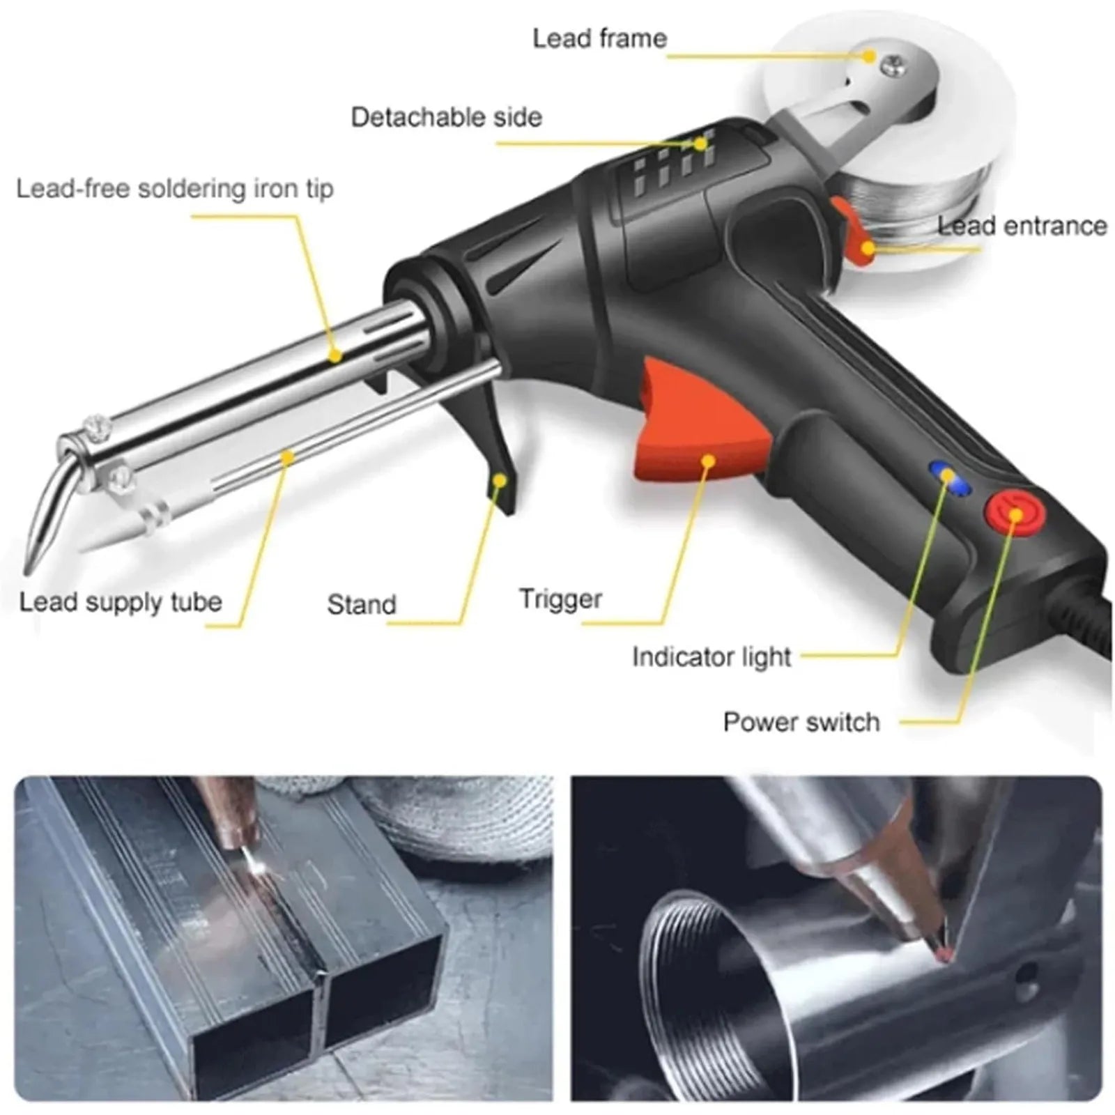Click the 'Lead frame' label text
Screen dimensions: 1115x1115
599,38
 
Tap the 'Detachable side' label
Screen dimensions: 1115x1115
446,117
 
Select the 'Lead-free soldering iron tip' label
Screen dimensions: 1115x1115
175,189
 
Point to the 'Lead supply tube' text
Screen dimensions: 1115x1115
121,602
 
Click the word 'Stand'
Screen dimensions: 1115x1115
362,604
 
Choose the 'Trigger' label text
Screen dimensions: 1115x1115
560,599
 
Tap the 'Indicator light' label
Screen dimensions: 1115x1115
712,657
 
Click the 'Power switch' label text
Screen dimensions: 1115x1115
801,722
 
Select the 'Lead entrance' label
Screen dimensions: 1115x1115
1022,226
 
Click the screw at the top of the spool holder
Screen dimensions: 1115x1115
890,66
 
